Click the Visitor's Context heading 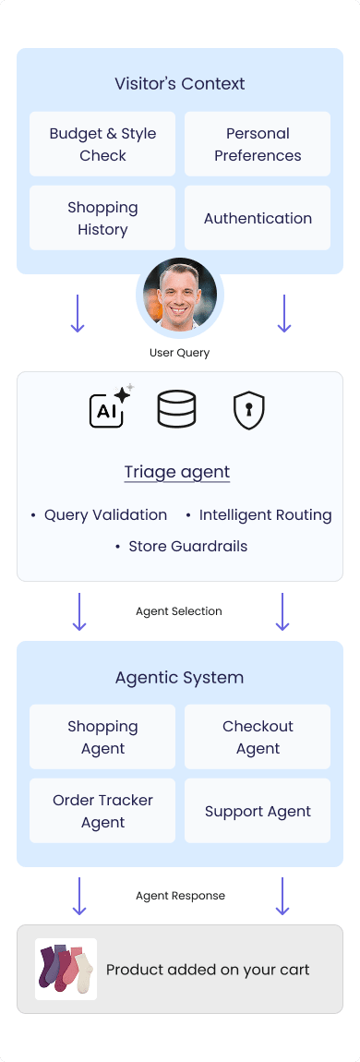click(180, 84)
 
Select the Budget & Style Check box click(102, 144)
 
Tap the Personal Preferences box click(258, 144)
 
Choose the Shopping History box click(102, 218)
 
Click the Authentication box click(258, 218)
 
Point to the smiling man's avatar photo click(180, 296)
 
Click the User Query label click(180, 353)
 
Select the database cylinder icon click(176, 408)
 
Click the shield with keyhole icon click(249, 409)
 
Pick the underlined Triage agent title click(177, 472)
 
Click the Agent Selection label click(179, 611)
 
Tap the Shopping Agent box click(102, 737)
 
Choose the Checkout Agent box click(258, 737)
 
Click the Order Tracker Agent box click(102, 811)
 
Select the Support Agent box click(258, 811)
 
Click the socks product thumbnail click(66, 969)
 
